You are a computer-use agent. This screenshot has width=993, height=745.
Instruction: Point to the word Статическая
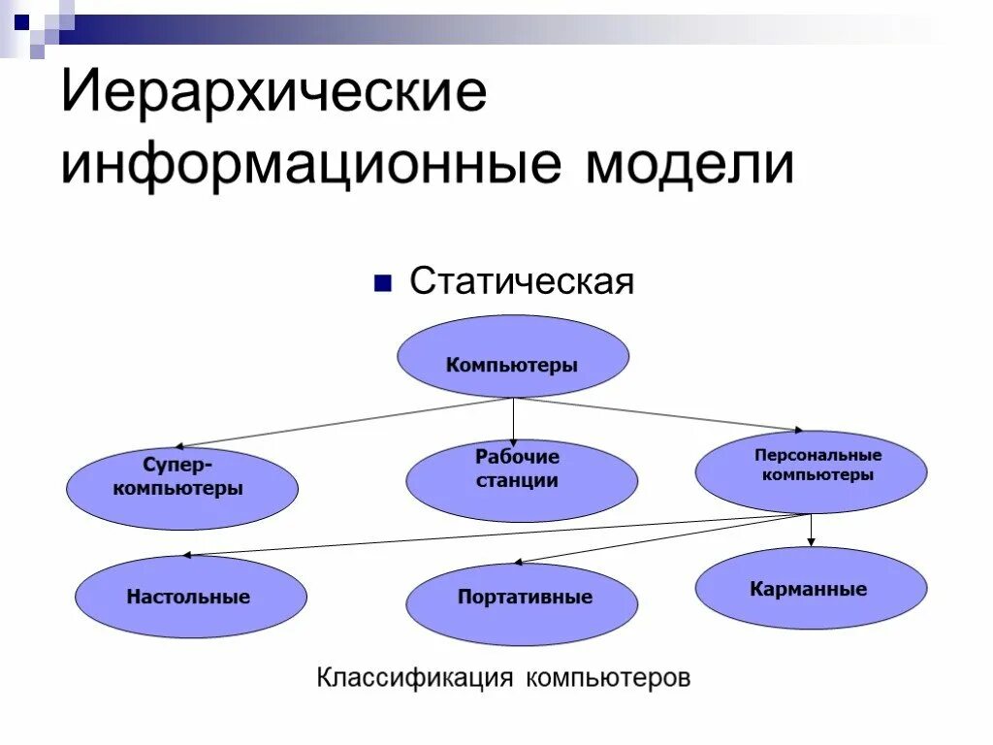(522, 282)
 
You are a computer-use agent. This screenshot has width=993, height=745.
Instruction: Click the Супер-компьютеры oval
(182, 488)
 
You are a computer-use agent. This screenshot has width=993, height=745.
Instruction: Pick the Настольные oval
(190, 597)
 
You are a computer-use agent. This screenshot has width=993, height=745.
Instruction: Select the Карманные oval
(811, 588)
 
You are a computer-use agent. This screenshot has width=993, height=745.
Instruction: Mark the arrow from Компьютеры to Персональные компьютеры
(659, 414)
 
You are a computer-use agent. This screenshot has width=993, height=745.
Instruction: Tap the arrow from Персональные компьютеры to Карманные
(812, 530)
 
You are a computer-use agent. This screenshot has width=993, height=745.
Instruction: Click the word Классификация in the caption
(414, 676)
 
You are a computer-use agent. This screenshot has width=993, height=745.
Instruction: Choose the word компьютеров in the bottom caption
(608, 676)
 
